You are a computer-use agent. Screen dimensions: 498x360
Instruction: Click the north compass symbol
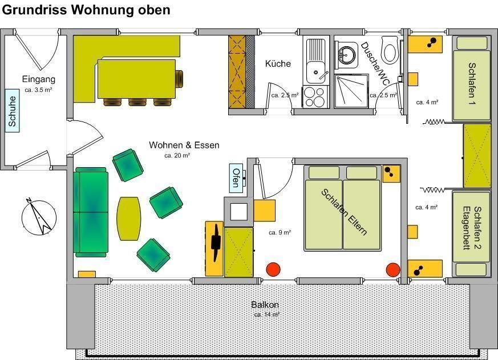[39, 217]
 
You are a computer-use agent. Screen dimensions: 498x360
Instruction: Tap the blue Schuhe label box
[13, 111]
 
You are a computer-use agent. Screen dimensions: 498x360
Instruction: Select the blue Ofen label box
[236, 178]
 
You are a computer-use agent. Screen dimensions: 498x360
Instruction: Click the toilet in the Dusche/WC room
[390, 49]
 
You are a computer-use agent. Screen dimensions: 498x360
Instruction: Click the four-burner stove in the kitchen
[314, 96]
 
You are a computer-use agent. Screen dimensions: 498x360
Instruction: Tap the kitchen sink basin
[315, 72]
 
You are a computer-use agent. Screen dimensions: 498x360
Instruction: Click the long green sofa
[91, 212]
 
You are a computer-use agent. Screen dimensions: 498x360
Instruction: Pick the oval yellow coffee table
[128, 219]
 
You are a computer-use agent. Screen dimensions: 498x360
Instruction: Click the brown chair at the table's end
[180, 79]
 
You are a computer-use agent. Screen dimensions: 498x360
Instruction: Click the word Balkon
[265, 305]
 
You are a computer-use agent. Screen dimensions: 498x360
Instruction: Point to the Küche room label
[278, 63]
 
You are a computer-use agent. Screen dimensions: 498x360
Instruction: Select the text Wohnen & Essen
[184, 145]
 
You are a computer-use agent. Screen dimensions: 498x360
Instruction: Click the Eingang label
[38, 79]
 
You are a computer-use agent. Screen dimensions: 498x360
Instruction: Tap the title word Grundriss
[35, 10]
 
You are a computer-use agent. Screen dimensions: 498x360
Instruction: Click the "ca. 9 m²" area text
[280, 233]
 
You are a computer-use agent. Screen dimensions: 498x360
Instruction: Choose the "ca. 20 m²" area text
[177, 156]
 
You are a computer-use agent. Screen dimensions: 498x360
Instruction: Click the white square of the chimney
[238, 212]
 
